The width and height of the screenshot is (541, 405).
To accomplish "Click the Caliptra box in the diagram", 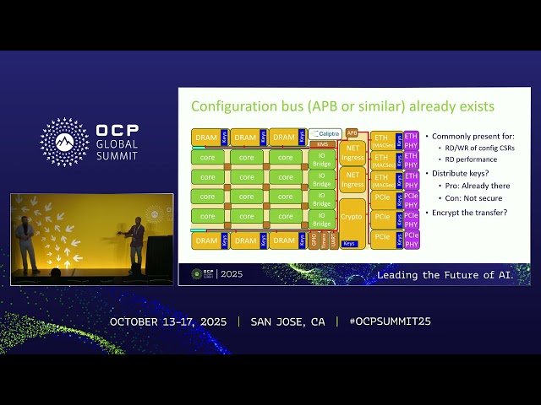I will (325, 134).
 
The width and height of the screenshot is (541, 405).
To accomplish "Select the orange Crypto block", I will (352, 217).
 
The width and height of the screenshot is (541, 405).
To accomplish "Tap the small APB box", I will (352, 133).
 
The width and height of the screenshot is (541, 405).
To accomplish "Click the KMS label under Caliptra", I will (322, 144).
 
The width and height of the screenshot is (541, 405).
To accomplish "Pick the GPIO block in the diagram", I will (314, 240).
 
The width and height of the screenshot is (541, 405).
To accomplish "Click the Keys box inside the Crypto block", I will (350, 244).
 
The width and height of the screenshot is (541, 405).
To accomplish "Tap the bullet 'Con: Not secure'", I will (473, 199).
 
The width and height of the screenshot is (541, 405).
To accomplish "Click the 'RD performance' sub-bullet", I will (471, 159).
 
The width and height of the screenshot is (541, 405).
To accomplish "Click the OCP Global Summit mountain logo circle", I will (64, 142).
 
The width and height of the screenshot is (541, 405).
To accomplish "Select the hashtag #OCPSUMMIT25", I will (383, 322).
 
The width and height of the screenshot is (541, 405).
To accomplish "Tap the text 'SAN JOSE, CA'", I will (287, 322).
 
